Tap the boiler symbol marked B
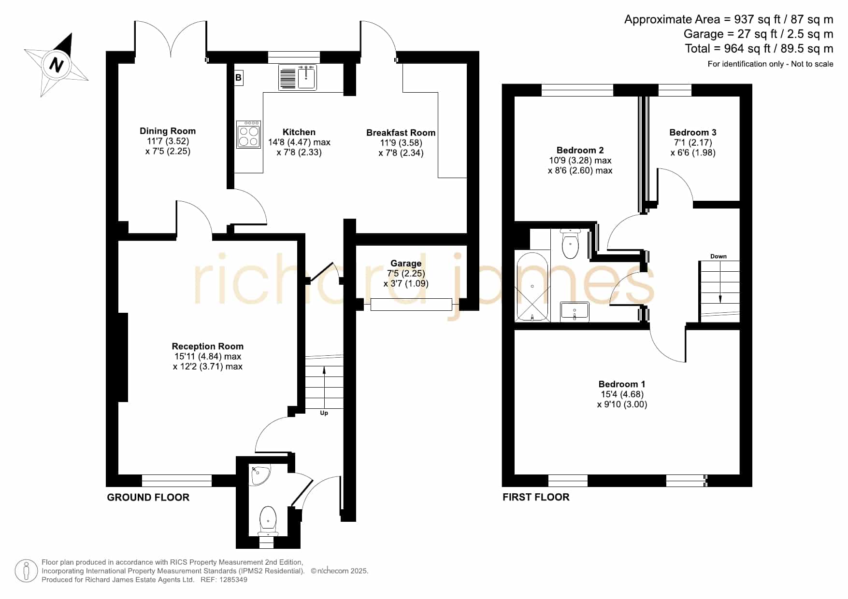pyautogui.click(x=238, y=78)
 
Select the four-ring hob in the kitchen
pyautogui.click(x=248, y=134)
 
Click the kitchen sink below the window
pyautogui.click(x=298, y=78)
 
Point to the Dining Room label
pyautogui.click(x=168, y=131)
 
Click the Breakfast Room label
pyautogui.click(x=401, y=133)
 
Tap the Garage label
pyautogui.click(x=406, y=264)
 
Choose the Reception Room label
pyautogui.click(x=208, y=346)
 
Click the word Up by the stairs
pyautogui.click(x=324, y=413)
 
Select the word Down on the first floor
pyautogui.click(x=719, y=256)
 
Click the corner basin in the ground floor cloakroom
pyautogui.click(x=260, y=474)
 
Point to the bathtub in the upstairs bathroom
pyautogui.click(x=532, y=287)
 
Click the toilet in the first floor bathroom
pyautogui.click(x=571, y=244)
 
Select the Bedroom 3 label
pyautogui.click(x=693, y=132)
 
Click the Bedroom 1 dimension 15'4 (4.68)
pyautogui.click(x=622, y=394)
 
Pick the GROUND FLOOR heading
pyautogui.click(x=148, y=498)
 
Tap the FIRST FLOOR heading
pyautogui.click(x=536, y=497)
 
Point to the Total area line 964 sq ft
pyautogui.click(x=759, y=49)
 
